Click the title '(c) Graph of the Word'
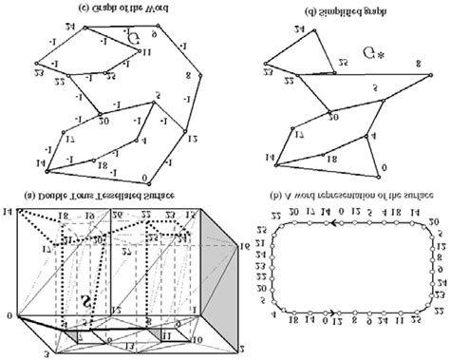pyautogui.click(x=103, y=9)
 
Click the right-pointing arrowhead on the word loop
pyautogui.click(x=337, y=336)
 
